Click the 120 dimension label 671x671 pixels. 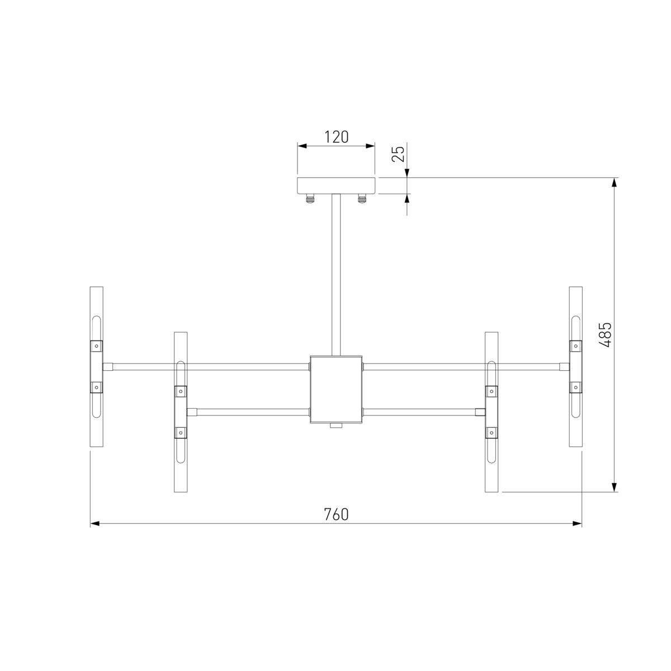click(337, 137)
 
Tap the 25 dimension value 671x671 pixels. click(398, 154)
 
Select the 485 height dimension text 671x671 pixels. click(605, 334)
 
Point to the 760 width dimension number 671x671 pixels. click(336, 514)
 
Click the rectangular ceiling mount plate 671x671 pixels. click(336, 186)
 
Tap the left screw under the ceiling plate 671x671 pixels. click(310, 199)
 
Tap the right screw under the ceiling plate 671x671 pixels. click(362, 199)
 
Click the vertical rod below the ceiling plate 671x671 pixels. click(336, 275)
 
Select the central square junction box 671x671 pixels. click(336, 389)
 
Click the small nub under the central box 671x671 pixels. click(336, 426)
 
